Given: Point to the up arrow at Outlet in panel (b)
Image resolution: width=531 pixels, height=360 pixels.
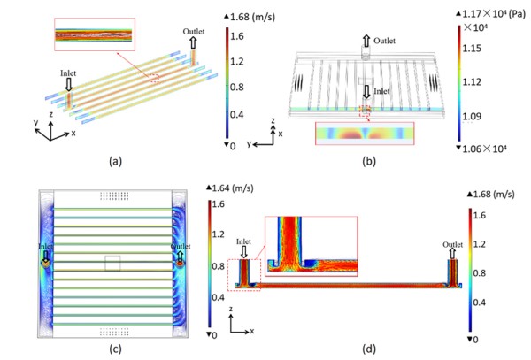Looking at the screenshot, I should point(365,41).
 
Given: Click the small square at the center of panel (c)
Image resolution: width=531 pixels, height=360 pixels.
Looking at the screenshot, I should point(112,263).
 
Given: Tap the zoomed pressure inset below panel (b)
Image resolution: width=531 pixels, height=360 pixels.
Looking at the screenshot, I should point(364,134).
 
